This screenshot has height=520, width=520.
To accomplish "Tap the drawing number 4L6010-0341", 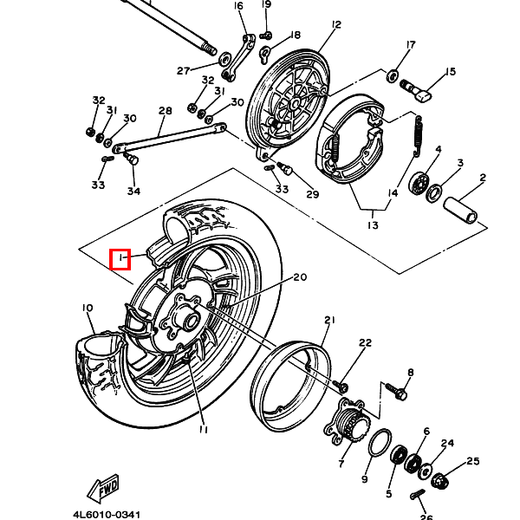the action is [107, 514].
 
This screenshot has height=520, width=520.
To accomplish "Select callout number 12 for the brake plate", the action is [336, 24].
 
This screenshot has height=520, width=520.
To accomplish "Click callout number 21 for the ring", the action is [329, 320].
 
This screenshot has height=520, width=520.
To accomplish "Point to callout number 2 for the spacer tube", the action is [483, 178].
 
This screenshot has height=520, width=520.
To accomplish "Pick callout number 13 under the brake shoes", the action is [373, 225].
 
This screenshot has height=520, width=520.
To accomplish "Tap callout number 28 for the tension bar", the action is [166, 110].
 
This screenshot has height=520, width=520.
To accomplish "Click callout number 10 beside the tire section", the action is [88, 308].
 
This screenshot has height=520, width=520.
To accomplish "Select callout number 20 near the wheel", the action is [300, 277].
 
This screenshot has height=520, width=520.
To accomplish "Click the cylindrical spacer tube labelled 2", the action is [461, 210].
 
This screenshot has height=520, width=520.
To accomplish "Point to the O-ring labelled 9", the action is [380, 443].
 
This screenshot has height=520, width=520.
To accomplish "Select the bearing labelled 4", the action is [419, 182].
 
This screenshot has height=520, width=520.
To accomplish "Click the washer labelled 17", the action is [392, 76].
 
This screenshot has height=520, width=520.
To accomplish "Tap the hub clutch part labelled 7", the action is [347, 421].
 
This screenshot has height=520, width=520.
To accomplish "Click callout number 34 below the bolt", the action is [133, 191].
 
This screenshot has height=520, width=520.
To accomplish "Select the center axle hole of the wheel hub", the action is [192, 321].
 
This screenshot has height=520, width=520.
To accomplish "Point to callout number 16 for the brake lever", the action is [238, 6].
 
